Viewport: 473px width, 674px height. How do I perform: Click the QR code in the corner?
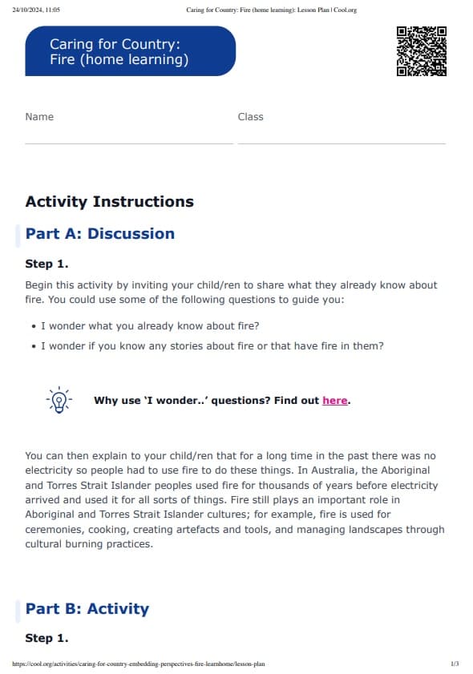(421, 51)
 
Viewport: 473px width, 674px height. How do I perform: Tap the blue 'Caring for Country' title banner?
(130, 51)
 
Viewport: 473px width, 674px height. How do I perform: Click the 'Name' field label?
(39, 117)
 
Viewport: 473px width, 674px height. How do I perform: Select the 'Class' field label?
(250, 117)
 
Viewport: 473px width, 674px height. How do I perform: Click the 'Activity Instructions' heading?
(109, 202)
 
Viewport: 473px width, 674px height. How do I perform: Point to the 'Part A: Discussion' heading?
(99, 234)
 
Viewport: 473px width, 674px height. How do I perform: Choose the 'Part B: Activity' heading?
(87, 609)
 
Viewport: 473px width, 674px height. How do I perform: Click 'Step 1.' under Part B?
(46, 639)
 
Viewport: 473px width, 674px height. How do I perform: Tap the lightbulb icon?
(59, 400)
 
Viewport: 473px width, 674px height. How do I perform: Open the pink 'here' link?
(334, 401)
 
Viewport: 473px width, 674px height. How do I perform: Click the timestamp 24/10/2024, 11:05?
(37, 10)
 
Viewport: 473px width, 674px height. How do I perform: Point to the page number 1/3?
(455, 664)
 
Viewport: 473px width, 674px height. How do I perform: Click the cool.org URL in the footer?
(139, 664)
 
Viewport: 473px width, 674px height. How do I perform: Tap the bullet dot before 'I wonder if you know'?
(32, 347)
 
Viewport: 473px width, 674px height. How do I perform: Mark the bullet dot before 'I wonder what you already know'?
(32, 326)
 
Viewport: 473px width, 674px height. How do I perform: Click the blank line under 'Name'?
(129, 143)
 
